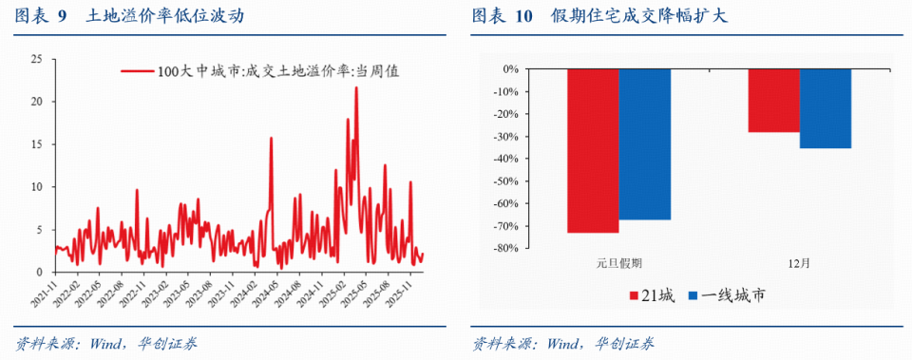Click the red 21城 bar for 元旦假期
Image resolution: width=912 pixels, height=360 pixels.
[x=593, y=150]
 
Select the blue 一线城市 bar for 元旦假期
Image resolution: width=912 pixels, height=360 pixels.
[x=644, y=143]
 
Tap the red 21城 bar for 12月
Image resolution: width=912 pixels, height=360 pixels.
[x=773, y=100]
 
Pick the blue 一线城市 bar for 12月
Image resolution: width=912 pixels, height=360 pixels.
[x=825, y=108]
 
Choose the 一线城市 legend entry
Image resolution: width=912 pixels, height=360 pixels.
[x=727, y=296]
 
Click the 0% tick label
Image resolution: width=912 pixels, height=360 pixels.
[x=508, y=69]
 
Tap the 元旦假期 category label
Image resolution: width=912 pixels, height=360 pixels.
[x=619, y=263]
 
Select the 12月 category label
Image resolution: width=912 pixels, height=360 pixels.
[x=799, y=263]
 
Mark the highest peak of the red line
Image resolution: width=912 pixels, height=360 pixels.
[x=356, y=87]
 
